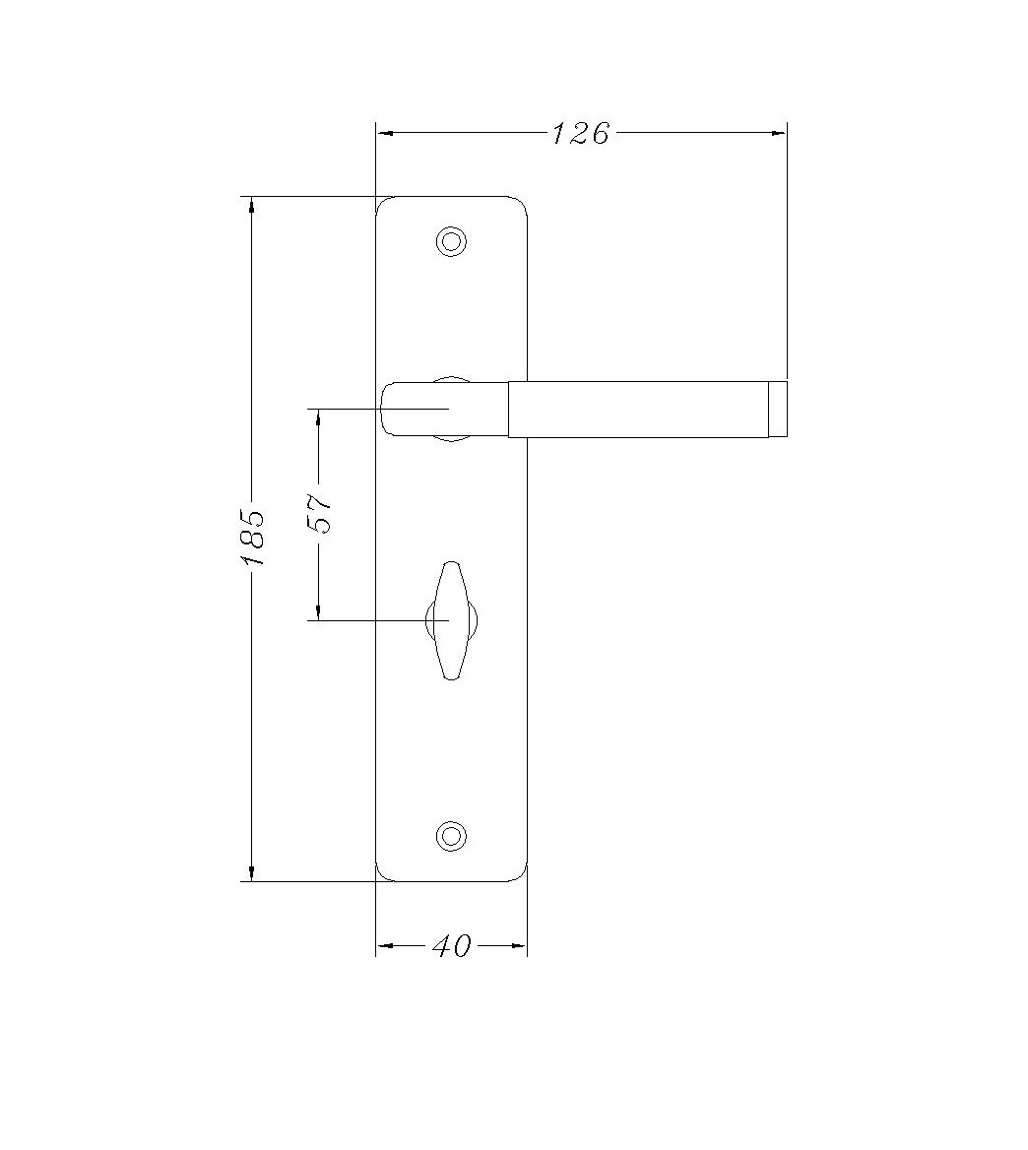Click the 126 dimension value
coord(581,133)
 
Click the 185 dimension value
coord(253,537)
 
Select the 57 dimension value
coord(321,514)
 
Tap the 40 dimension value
coord(452,946)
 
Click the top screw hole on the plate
coord(451,241)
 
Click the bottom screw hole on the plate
coord(451,836)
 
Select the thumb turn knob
coord(451,620)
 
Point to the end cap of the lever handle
coord(778,409)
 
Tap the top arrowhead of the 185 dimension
coord(252,205)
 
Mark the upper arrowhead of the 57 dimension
coord(318,416)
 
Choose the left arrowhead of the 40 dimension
coord(385,946)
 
